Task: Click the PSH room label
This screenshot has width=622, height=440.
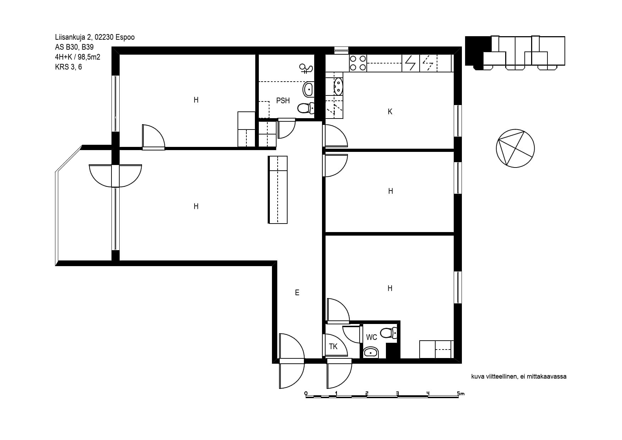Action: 283,101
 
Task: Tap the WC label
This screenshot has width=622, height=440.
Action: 372,337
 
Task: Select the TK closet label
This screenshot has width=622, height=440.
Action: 333,347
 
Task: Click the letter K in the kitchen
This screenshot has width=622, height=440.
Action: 390,112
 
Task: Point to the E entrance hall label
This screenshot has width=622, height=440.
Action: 297,293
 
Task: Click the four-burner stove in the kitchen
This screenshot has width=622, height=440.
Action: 358,63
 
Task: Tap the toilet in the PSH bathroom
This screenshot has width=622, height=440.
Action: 306,108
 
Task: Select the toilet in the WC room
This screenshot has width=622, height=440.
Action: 389,333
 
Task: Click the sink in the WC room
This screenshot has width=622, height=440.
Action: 371,352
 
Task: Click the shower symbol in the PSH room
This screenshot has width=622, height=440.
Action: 306,68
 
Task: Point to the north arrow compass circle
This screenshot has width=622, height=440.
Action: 515,148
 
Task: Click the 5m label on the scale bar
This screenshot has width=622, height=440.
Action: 460,394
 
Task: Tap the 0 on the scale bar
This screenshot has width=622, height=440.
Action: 306,393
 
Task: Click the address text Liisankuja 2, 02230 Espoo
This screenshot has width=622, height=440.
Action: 95,37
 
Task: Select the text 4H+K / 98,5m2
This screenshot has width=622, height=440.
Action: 78,57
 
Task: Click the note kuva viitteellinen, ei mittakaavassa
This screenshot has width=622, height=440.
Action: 519,376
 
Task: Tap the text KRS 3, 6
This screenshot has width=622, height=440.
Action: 69,67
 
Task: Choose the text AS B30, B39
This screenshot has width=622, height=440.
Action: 75,47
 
